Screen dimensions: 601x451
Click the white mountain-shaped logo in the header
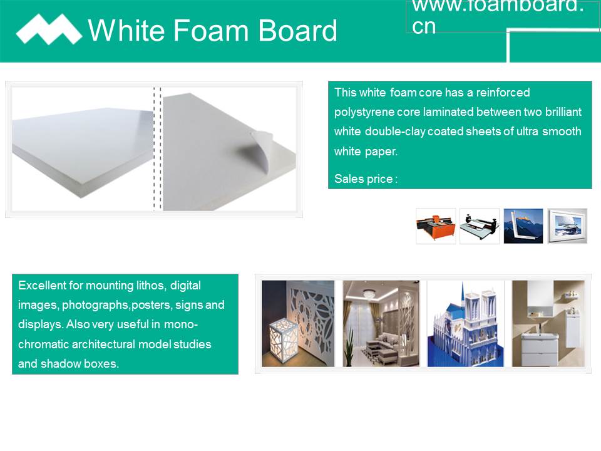(x=49, y=29)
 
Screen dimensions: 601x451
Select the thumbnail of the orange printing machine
(x=436, y=226)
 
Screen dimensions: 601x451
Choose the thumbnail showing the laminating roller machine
(x=480, y=226)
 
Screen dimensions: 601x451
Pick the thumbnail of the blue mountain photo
(x=523, y=226)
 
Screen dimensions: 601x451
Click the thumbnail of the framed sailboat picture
(x=567, y=226)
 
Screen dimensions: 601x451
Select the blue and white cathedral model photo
(x=465, y=324)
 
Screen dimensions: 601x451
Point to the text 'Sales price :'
(x=366, y=179)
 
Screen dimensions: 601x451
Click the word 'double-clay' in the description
(x=395, y=132)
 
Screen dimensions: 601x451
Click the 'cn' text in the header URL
(x=424, y=26)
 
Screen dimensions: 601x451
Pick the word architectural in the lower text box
(x=103, y=344)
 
